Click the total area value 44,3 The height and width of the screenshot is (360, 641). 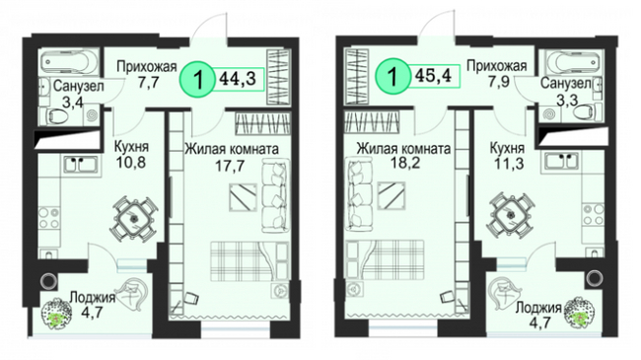(238, 77)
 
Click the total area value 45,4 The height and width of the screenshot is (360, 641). (433, 75)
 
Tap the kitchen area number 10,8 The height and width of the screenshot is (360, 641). (131, 163)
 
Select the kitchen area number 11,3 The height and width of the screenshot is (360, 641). (509, 164)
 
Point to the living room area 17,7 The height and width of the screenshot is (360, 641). (230, 166)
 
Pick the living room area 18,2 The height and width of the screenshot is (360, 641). (402, 163)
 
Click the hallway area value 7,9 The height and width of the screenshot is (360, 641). (497, 82)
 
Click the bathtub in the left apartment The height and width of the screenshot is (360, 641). (69, 62)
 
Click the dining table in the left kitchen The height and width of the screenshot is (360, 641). (134, 218)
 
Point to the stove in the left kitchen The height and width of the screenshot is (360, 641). (49, 218)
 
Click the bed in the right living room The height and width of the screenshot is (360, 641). (385, 259)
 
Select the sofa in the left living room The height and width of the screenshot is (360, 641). (275, 195)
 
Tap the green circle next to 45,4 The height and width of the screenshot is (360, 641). (392, 76)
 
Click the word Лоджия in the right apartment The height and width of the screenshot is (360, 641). (538, 308)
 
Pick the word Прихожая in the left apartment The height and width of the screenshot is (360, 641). (146, 66)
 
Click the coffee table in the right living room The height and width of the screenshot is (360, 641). (392, 195)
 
